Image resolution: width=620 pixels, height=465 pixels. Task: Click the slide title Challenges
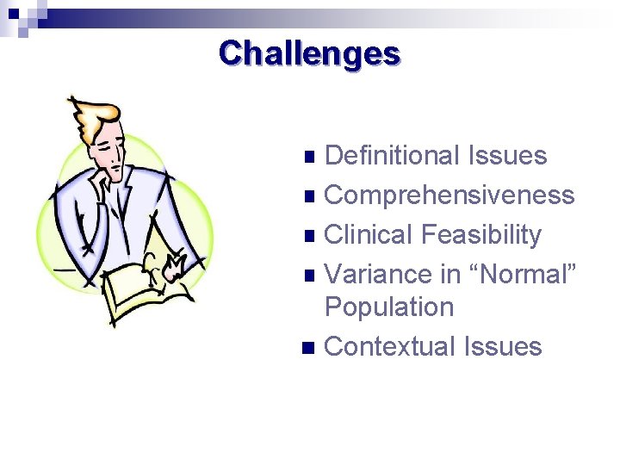coord(309,53)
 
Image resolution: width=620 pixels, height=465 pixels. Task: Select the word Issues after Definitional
coord(508,156)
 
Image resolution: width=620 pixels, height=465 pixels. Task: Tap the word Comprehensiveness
coord(449,195)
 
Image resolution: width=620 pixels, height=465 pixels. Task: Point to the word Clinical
coord(369,235)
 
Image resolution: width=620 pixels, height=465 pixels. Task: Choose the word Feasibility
coord(481,235)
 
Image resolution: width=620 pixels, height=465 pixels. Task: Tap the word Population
coord(388,307)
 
